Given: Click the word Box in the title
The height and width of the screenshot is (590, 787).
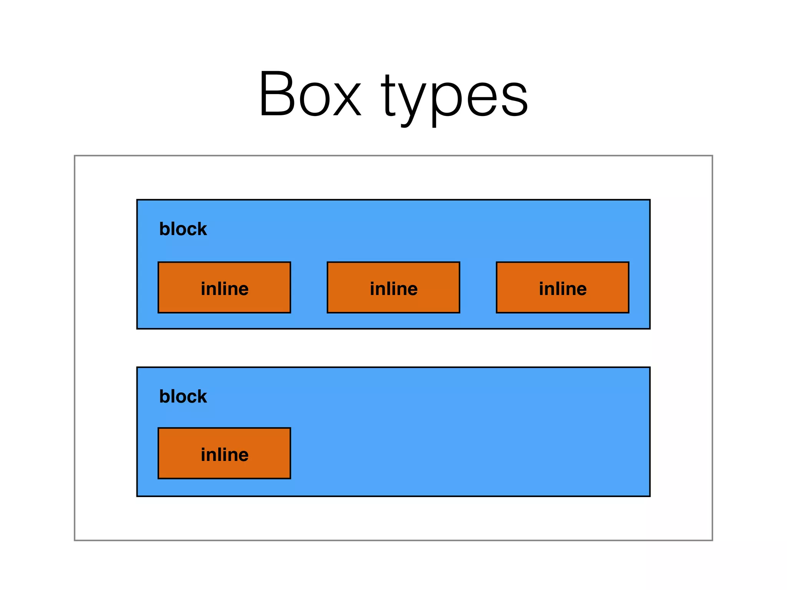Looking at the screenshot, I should pos(310,94).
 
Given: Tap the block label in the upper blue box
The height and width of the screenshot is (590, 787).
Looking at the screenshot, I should pos(183,229).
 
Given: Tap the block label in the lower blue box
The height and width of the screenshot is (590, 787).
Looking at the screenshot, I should pos(183,396).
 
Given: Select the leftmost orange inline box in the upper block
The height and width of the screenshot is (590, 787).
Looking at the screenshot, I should pos(224,288).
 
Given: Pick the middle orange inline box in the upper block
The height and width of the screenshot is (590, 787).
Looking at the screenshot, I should pos(393,288).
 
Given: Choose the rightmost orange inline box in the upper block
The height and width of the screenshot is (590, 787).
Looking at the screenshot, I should pos(563,288).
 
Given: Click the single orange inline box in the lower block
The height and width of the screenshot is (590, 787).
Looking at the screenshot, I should pos(224,453).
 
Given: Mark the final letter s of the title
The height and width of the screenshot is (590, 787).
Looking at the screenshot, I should pos(515,98).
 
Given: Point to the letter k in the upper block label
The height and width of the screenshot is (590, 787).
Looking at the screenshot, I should pos(202,229).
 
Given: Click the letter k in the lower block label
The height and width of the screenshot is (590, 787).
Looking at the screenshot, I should pos(202,396).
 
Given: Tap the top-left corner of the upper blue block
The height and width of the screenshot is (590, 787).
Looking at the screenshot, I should pos(138,200).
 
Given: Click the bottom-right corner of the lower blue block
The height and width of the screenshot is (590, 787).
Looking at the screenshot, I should pos(650,496).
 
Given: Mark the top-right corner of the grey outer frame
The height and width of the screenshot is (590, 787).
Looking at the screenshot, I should pos(712,156).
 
